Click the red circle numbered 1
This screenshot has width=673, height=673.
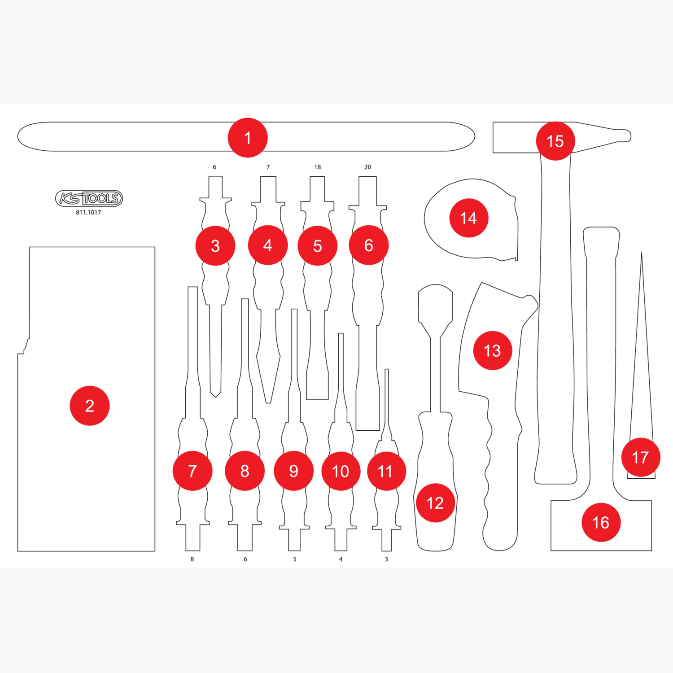(x=248, y=138)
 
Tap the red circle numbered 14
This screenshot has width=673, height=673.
(x=469, y=218)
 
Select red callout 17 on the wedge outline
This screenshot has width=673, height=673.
(x=641, y=457)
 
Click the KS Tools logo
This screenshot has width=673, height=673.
(x=89, y=198)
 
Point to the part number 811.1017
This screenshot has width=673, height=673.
(x=88, y=213)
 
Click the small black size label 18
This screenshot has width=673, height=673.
(x=318, y=167)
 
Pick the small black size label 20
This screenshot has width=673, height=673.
(x=368, y=167)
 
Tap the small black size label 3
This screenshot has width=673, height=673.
(x=386, y=559)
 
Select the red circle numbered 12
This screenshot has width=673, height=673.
(x=436, y=503)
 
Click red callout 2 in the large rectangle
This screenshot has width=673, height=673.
(x=90, y=406)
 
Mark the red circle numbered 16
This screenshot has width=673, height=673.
(x=601, y=522)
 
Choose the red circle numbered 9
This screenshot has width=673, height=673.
(x=294, y=471)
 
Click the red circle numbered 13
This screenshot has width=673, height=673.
(x=493, y=350)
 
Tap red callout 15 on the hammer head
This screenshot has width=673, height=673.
(x=555, y=141)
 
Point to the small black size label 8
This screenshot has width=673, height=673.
(x=192, y=559)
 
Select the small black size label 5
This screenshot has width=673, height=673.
(x=295, y=559)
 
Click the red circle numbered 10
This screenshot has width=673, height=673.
(x=341, y=471)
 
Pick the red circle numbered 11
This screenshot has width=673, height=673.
(x=387, y=471)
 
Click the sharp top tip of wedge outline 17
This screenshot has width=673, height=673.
(x=642, y=252)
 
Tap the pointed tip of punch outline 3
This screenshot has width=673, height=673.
(x=216, y=397)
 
